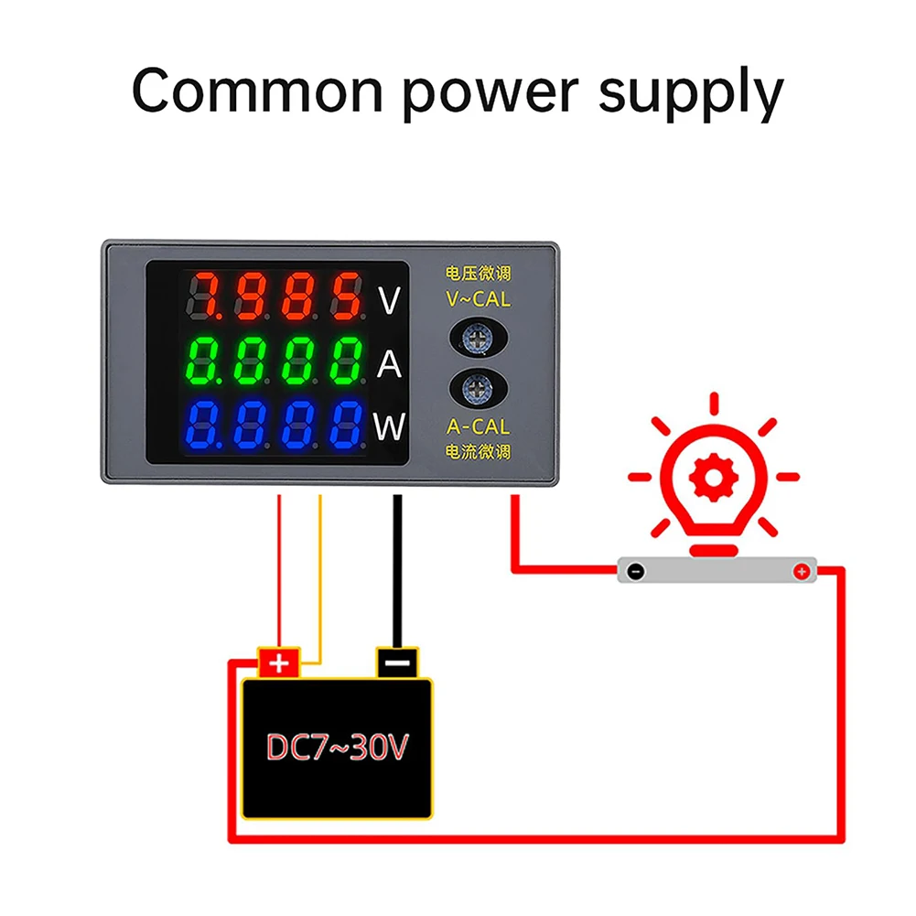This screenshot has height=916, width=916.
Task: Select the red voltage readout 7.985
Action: (x=274, y=296)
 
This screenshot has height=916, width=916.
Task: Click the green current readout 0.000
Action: (x=274, y=361)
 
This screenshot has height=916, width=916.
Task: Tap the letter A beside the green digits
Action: (x=390, y=364)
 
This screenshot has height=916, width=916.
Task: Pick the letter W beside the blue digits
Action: (x=389, y=426)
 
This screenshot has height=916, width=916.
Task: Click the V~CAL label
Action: (x=479, y=298)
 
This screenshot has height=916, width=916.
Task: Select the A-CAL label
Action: (x=479, y=426)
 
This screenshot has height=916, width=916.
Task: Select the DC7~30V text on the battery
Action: (x=336, y=748)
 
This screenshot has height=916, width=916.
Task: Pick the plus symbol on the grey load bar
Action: (x=801, y=572)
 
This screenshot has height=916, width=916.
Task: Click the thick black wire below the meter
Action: (x=397, y=567)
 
